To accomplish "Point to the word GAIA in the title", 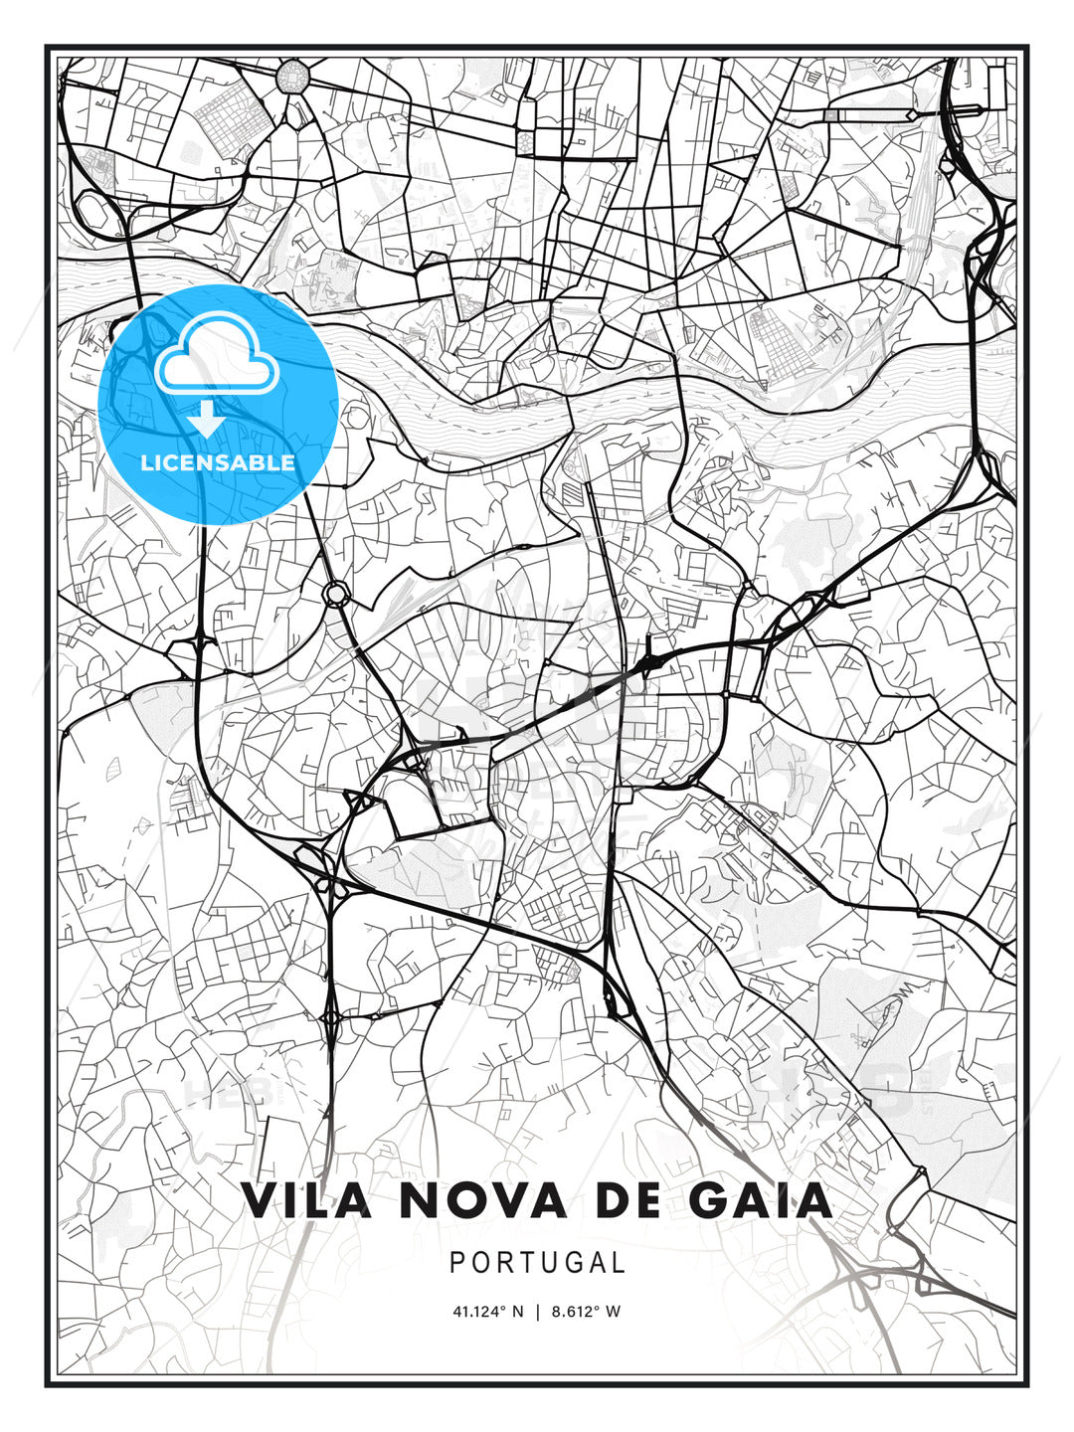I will [760, 1200].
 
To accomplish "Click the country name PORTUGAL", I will [537, 1263].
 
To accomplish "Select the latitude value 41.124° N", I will [487, 1312].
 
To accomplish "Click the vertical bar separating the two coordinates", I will [537, 1312].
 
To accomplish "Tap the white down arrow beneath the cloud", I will [207, 419].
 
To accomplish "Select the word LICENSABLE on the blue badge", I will [218, 462].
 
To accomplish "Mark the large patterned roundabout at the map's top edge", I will [294, 76].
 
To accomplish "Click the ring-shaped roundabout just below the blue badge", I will [335, 594].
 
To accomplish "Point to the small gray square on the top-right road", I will [831, 115].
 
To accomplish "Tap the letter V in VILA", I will [258, 1200].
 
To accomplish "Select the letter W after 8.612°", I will [614, 1312].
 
